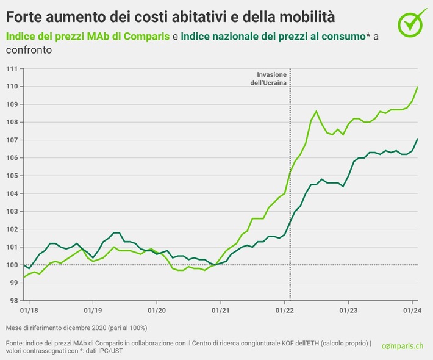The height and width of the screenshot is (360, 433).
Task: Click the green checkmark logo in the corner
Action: (x=413, y=21)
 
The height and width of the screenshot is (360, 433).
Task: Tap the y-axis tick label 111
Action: (x=11, y=68)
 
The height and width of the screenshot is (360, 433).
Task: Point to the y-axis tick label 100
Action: (x=11, y=265)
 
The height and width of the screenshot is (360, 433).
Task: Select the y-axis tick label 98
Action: (x=12, y=300)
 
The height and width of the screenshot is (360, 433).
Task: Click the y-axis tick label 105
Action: (x=11, y=176)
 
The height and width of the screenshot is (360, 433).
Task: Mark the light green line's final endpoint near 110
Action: (x=417, y=87)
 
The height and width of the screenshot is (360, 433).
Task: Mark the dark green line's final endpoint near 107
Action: (x=417, y=139)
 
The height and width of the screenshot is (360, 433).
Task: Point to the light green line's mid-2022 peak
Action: (x=316, y=112)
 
